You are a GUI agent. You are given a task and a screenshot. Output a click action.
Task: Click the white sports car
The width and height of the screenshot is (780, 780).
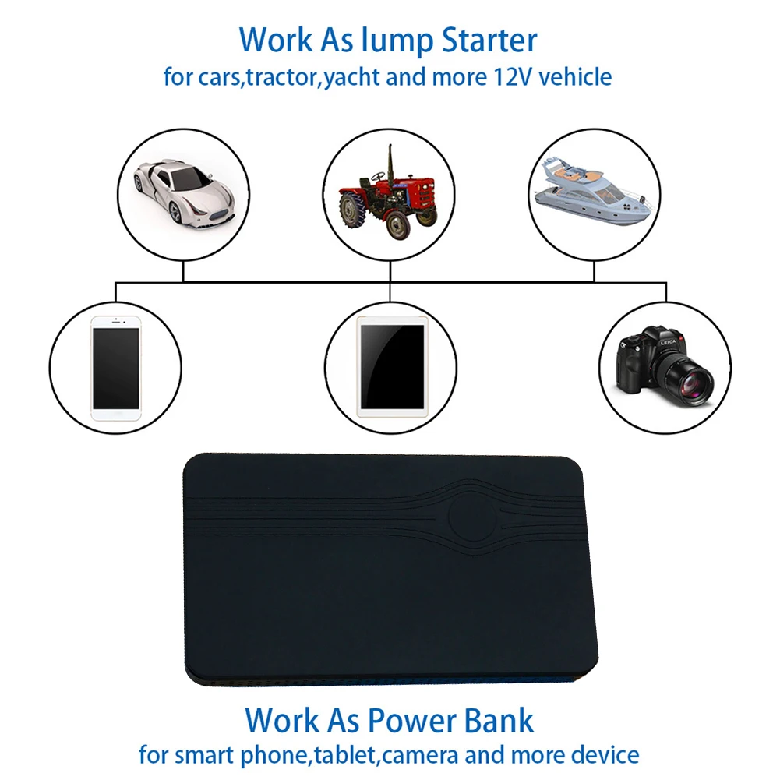[183, 187]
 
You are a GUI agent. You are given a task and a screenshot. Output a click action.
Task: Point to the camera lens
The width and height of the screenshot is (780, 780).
[690, 379]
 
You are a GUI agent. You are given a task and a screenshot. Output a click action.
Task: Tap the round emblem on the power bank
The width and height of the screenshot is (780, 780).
[470, 516]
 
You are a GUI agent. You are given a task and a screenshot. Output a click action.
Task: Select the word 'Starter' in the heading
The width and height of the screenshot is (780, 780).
[490, 40]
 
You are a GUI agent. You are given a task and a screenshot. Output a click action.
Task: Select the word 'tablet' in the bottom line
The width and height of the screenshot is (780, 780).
[354, 754]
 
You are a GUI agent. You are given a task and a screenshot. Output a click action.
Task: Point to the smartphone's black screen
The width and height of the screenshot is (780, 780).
[115, 367]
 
